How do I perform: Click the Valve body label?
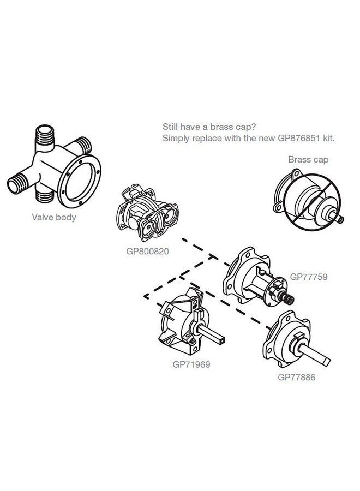pos(54,217)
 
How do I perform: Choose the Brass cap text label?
pos(308,160)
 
